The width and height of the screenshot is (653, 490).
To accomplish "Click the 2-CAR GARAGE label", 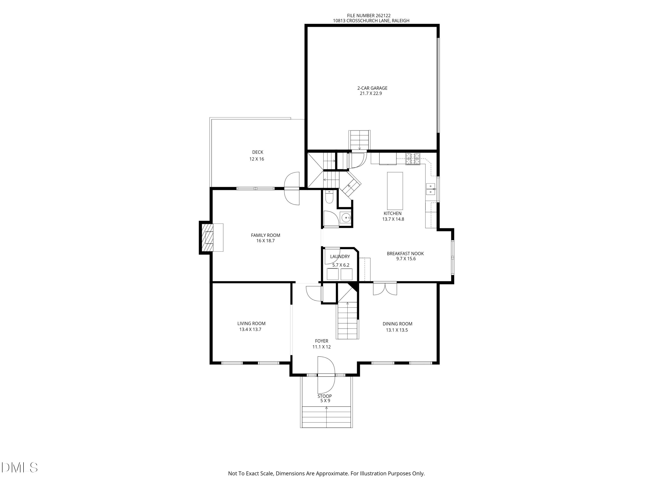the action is point(372,88).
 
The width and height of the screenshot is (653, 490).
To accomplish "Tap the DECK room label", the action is point(257,152).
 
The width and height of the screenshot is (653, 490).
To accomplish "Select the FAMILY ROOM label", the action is point(265,235).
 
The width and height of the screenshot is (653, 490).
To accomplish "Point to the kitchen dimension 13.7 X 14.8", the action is point(393,219).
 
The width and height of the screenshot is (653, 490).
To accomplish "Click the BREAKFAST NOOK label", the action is point(405,253).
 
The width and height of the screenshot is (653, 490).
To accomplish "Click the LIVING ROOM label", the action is point(251,323).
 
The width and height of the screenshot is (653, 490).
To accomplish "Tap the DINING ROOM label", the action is point(397,324).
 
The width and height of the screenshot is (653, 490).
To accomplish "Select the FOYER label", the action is point(321,341).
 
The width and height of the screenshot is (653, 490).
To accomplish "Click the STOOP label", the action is point(325,396).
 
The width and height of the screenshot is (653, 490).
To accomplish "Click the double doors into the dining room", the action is point(385,289).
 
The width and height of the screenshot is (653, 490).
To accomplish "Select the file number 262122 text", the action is point(369,16).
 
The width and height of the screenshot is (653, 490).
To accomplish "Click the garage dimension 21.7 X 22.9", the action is point(371,93).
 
